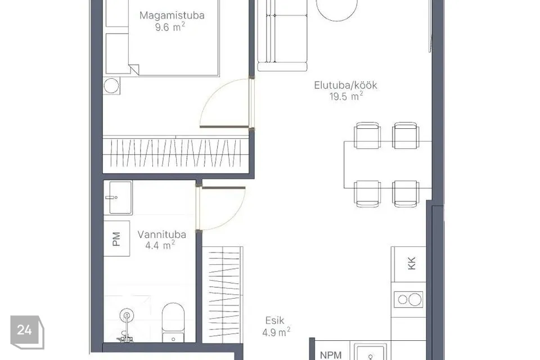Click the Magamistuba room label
(172, 15)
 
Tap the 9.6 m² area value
(170, 27)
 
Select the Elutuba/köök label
(345, 85)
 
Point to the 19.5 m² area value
(346, 96)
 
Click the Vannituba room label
(162, 235)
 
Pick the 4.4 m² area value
(160, 245)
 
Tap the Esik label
(275, 321)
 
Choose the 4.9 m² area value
(276, 332)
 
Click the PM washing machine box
(117, 238)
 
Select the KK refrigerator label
(412, 263)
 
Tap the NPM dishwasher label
(331, 355)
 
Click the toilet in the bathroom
(173, 323)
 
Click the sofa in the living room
(282, 35)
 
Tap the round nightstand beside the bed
(111, 85)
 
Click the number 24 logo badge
(27, 332)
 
